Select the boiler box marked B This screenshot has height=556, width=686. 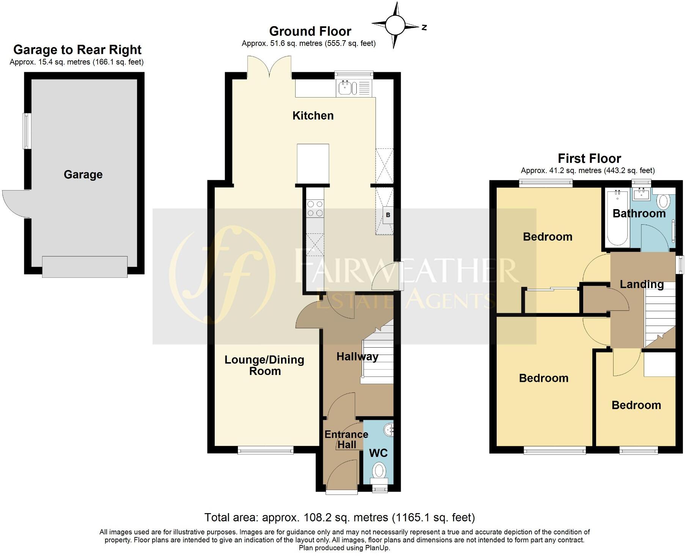click(388, 215)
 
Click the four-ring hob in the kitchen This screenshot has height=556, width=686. click(315, 209)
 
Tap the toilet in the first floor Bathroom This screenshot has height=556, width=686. click(663, 201)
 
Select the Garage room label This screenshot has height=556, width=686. click(83, 175)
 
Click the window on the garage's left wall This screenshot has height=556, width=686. click(26, 131)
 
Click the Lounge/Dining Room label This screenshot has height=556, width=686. click(264, 365)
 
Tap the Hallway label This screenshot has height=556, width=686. click(357, 357)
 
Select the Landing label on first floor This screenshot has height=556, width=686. click(642, 284)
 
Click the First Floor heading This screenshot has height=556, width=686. click(589, 158)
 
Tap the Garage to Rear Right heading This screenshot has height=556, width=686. click(77, 50)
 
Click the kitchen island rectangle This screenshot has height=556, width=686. click(313, 164)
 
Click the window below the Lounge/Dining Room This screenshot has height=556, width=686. click(266, 450)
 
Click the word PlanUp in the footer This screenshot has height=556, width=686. click(377, 548)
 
